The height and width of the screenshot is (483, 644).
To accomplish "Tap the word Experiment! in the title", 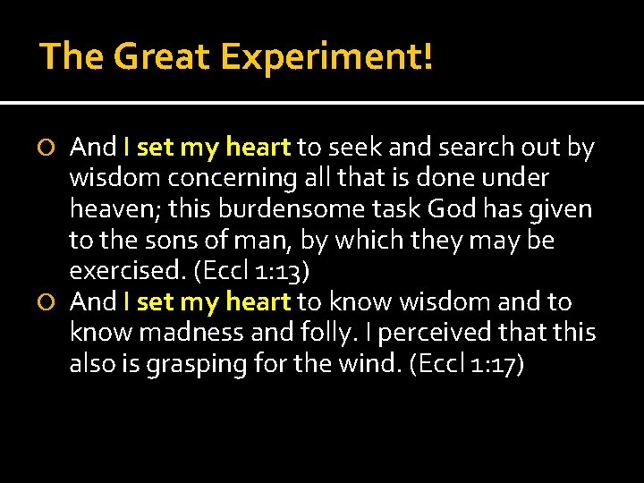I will [x=327, y=56].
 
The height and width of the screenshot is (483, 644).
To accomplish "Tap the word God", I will [x=453, y=209].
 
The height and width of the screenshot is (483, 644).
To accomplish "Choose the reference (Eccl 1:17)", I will [x=467, y=365].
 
